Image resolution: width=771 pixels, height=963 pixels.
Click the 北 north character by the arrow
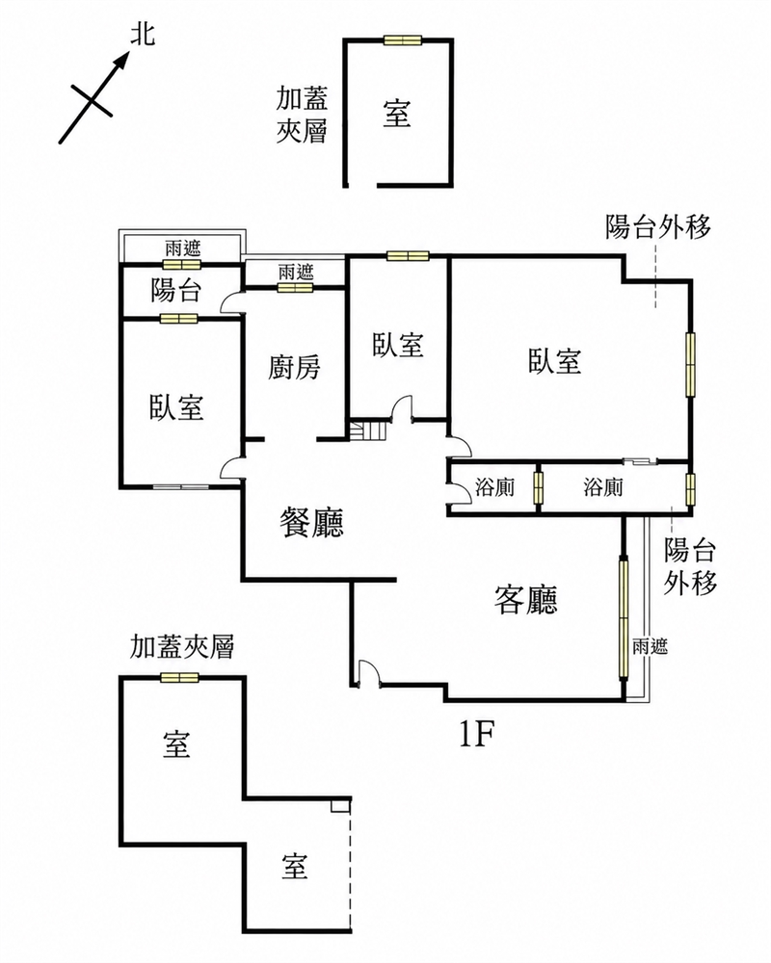click(x=143, y=35)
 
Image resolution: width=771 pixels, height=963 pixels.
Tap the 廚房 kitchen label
click(x=295, y=367)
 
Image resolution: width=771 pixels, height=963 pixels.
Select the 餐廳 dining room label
click(x=311, y=523)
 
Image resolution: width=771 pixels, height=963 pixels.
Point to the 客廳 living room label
click(x=526, y=599)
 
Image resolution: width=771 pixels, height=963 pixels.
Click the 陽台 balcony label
click(x=176, y=290)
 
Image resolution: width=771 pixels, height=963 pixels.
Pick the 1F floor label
click(x=478, y=733)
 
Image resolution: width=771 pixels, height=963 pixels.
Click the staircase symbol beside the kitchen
click(x=367, y=429)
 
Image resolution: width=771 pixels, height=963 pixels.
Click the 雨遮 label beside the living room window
click(x=650, y=646)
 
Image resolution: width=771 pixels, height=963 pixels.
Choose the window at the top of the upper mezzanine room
click(x=402, y=40)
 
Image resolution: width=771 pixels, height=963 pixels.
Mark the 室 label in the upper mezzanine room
click(x=396, y=114)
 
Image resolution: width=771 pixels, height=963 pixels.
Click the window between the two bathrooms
click(x=539, y=487)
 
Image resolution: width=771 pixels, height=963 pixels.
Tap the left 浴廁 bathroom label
click(x=495, y=487)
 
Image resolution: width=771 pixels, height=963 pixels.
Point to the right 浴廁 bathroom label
click(x=603, y=487)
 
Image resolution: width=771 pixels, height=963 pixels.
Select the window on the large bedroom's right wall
click(x=690, y=364)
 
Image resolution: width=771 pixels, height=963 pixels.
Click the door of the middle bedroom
click(x=403, y=409)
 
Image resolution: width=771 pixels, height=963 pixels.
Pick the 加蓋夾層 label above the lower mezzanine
click(x=182, y=647)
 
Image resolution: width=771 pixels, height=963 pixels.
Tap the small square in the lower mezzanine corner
click(x=339, y=806)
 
